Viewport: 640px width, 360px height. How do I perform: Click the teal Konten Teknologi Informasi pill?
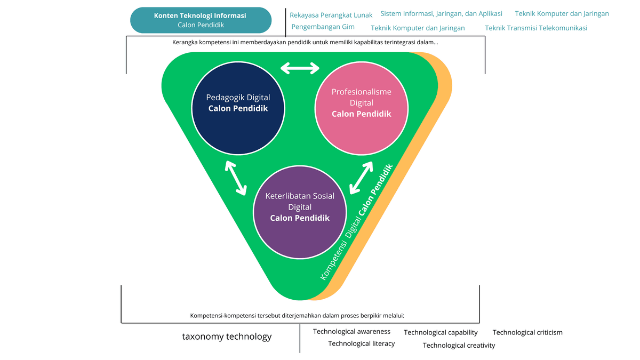(x=201, y=20)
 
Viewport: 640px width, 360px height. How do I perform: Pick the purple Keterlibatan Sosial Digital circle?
(x=300, y=207)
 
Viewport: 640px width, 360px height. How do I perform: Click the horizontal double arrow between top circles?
(x=300, y=68)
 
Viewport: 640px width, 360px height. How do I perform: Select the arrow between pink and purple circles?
(x=361, y=177)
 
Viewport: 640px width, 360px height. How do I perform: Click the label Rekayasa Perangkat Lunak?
(x=331, y=15)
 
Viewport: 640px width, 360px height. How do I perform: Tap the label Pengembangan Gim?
(x=323, y=27)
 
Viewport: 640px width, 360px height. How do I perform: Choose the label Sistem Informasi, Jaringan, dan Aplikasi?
(x=441, y=14)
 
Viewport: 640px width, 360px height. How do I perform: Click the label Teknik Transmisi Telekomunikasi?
(x=536, y=28)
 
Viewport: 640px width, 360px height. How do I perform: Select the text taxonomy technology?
(x=227, y=337)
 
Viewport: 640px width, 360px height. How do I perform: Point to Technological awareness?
(x=351, y=332)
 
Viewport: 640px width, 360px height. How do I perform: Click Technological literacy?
(x=361, y=343)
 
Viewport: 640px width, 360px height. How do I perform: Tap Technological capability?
(x=441, y=332)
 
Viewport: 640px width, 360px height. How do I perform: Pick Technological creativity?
(x=459, y=345)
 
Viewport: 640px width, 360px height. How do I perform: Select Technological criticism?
(x=527, y=332)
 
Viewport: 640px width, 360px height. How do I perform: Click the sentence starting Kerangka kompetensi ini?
(x=305, y=42)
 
